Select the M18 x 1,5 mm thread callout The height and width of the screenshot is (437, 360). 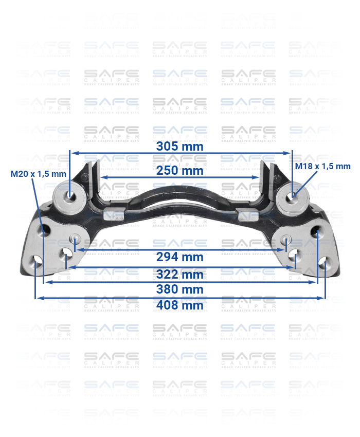[x=322, y=166]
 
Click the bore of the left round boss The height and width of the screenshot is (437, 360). [x=69, y=195]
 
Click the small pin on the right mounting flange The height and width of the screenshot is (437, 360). [x=286, y=239]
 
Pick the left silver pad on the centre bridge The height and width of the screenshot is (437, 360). [x=114, y=214]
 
